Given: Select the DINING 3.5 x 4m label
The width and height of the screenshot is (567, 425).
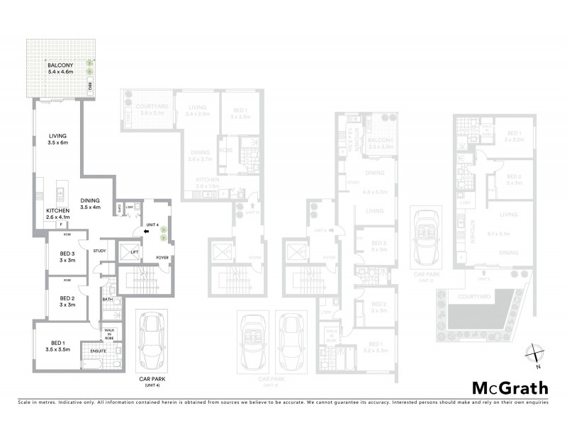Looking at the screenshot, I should pyautogui.click(x=94, y=203).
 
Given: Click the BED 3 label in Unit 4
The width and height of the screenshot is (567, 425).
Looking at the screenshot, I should pyautogui.click(x=68, y=257).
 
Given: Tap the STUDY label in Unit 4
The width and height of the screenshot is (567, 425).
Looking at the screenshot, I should pyautogui.click(x=99, y=250).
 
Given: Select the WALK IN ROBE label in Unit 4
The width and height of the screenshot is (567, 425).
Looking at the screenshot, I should pyautogui.click(x=110, y=334).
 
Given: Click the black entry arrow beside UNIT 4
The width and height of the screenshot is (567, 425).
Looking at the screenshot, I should pyautogui.click(x=146, y=230).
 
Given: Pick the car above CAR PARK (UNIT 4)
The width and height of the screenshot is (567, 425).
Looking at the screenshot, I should pyautogui.click(x=153, y=340).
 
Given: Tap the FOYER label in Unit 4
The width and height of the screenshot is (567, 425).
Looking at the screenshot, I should pyautogui.click(x=162, y=258).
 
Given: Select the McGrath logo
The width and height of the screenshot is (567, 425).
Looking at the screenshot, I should pyautogui.click(x=510, y=387).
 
